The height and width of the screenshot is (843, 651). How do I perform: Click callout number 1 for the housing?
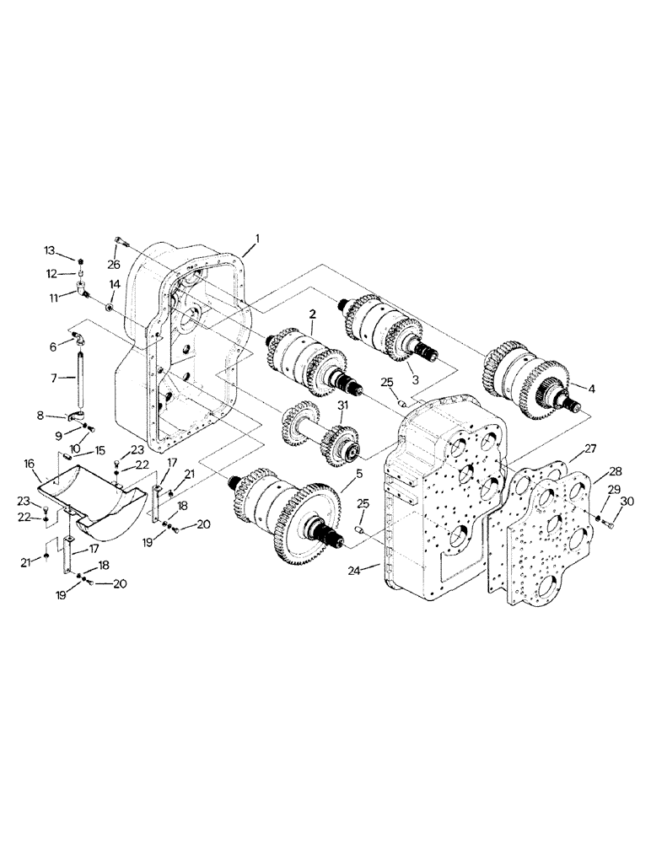point(258,239)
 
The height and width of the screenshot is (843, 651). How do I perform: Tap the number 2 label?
point(312,314)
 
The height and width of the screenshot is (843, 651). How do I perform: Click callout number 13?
point(49,250)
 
